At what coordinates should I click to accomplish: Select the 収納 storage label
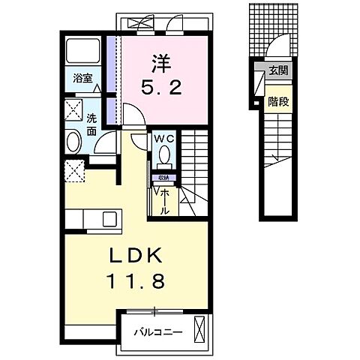tap(163, 178)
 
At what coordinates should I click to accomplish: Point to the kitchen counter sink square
tap(109, 219)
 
